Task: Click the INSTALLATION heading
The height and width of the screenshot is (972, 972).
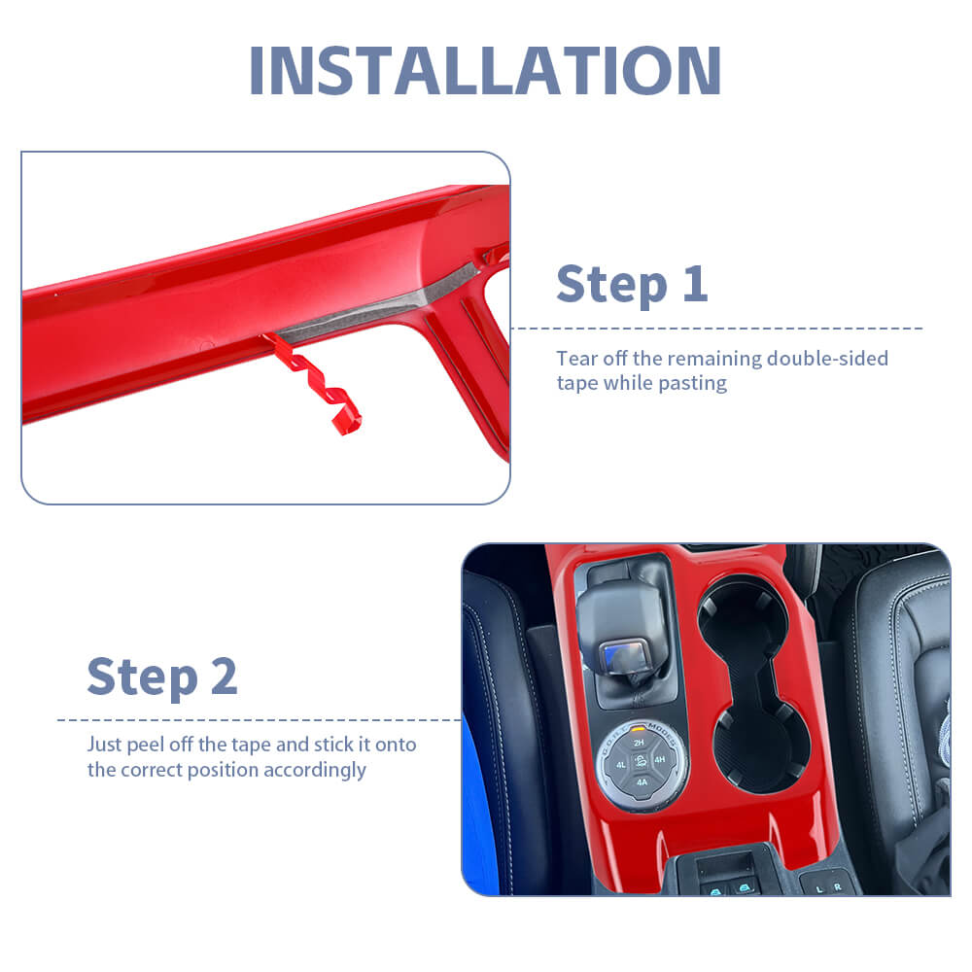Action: click(x=485, y=70)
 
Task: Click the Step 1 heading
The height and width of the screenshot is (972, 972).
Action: click(x=632, y=284)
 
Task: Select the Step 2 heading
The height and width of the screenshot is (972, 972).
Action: click(x=161, y=677)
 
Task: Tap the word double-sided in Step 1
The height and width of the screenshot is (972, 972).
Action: click(x=827, y=358)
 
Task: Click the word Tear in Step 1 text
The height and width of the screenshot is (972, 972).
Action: click(x=577, y=359)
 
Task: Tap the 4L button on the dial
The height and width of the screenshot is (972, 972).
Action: click(x=620, y=765)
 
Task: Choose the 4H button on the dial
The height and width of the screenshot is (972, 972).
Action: click(x=660, y=759)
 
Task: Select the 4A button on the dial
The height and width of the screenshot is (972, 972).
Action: click(x=642, y=782)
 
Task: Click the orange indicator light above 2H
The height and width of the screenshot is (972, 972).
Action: click(x=638, y=729)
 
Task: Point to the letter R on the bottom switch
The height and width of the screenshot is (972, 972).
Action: click(x=838, y=887)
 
